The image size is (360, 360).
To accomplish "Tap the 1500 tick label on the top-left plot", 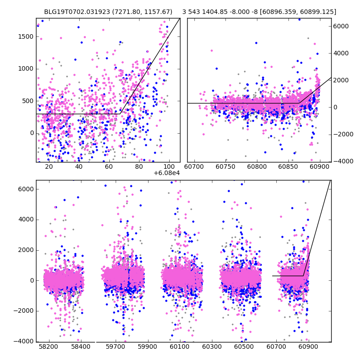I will [x=25, y=36].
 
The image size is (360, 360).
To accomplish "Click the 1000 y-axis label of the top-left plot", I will [x=25, y=68].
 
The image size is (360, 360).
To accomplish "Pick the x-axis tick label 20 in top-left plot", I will [x=49, y=166].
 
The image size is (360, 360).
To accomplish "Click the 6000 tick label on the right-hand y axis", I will [x=341, y=26].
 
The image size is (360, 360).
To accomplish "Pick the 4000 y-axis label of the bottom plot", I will [x=25, y=220].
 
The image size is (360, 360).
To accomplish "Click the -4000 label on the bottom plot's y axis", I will [x=23, y=341].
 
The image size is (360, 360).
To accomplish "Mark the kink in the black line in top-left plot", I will [x=120, y=114].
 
